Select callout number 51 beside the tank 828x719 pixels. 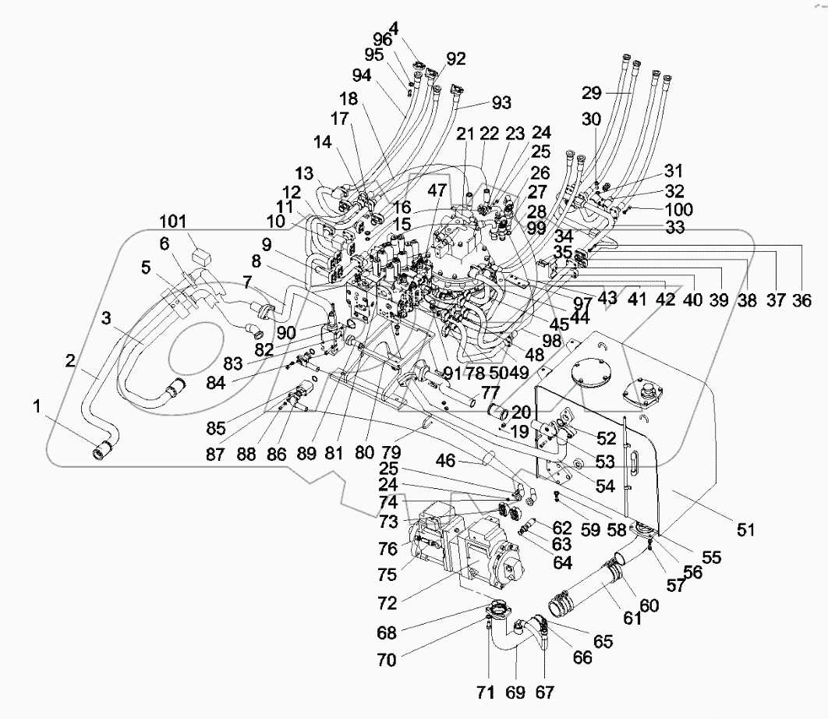pos(747,530)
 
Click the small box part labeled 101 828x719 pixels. pos(203,251)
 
